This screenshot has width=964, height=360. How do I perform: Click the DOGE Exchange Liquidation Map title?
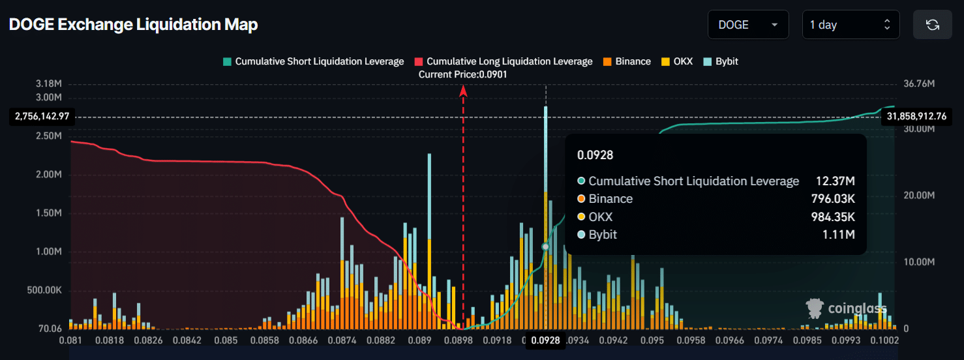tap(133, 25)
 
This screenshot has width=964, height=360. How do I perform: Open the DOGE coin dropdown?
tap(747, 25)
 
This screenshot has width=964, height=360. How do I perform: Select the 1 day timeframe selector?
tap(850, 25)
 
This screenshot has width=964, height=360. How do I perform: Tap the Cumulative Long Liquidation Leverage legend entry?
tap(503, 61)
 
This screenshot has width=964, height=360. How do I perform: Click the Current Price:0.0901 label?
tap(463, 74)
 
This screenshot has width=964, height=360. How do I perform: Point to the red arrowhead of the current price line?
tap(463, 91)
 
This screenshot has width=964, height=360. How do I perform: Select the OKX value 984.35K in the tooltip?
tap(835, 217)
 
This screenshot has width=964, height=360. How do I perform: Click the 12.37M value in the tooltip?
tap(835, 181)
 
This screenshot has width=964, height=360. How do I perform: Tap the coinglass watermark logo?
tap(846, 308)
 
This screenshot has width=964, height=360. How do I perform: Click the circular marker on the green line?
tap(545, 247)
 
